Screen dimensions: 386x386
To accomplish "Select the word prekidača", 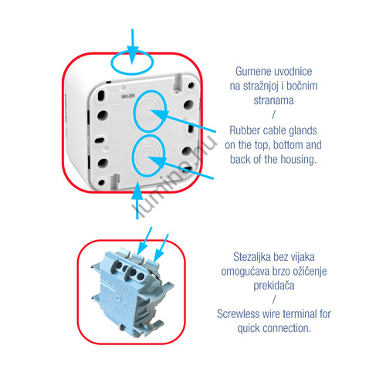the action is click(x=274, y=286).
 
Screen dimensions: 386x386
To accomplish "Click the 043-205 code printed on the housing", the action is click(x=128, y=96).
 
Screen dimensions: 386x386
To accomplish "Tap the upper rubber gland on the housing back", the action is click(x=149, y=111).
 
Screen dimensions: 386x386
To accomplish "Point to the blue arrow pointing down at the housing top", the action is click(x=133, y=46).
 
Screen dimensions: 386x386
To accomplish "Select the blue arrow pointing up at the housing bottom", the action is click(x=137, y=200).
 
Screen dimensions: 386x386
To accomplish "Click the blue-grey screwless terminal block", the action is click(x=132, y=291).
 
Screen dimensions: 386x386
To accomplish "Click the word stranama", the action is click(x=273, y=100).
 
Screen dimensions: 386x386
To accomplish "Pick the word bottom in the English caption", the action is click(x=284, y=145).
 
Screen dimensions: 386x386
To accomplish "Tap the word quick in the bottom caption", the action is click(x=249, y=329).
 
